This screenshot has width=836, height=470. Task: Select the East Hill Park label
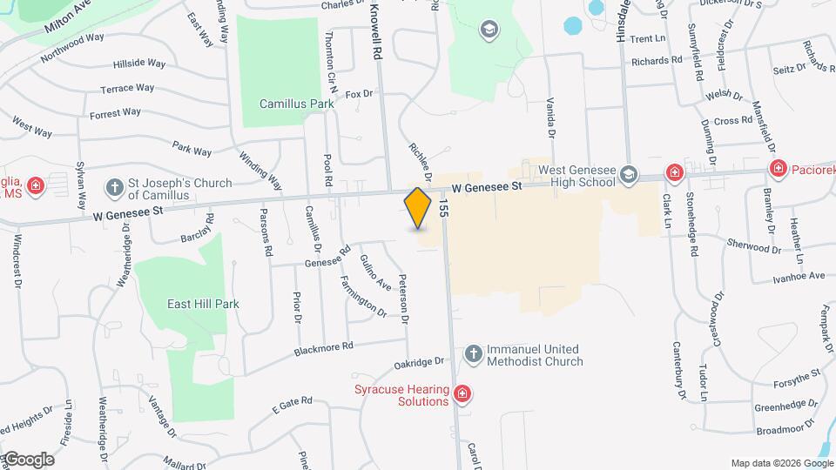click(203, 304)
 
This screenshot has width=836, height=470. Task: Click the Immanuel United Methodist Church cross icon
click(473, 354)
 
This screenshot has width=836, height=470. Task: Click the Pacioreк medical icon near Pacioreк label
click(777, 168)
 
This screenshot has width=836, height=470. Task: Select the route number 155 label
click(444, 207)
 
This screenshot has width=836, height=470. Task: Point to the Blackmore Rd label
click(323, 346)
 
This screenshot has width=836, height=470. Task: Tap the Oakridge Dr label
click(419, 362)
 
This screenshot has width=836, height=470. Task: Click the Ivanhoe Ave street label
click(799, 276)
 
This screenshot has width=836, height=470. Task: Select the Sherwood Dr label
click(754, 248)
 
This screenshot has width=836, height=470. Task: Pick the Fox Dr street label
click(359, 93)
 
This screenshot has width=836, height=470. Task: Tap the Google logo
click(28, 459)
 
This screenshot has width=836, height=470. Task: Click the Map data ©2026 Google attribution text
click(781, 463)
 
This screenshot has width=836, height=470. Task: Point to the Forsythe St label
click(799, 374)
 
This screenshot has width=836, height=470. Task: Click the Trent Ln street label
click(647, 39)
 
